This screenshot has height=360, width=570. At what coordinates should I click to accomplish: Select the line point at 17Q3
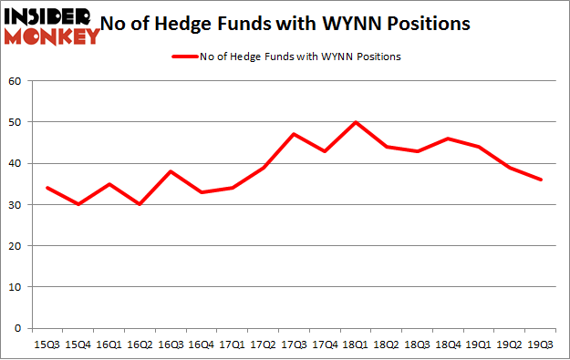click(x=294, y=134)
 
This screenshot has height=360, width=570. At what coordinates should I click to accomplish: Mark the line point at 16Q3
click(x=170, y=171)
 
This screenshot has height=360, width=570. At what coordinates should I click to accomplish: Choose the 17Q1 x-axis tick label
click(x=233, y=345)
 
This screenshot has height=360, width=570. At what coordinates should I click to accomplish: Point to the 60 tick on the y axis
click(x=16, y=81)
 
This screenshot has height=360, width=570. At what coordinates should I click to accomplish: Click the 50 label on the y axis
click(x=16, y=122)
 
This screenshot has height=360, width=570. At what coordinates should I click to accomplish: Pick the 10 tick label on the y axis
click(x=16, y=287)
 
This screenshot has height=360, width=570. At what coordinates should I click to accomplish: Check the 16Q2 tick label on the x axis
click(x=140, y=345)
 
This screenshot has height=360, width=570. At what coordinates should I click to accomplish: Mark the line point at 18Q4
click(x=447, y=139)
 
